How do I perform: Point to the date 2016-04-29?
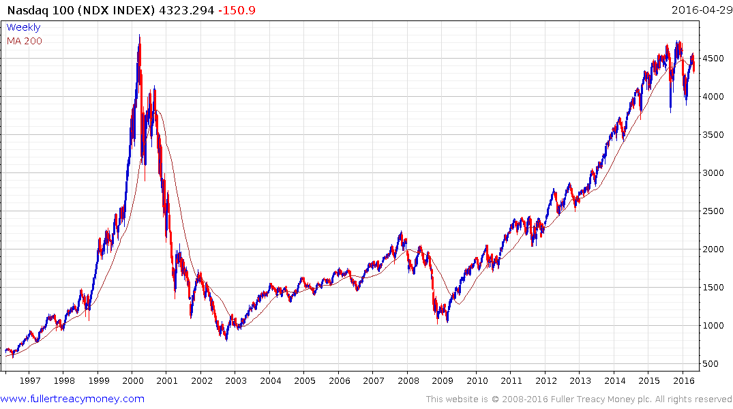pos(700,10)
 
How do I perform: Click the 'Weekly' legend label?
pos(23,27)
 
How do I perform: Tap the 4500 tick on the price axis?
pos(713,59)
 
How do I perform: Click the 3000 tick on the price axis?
pos(713,173)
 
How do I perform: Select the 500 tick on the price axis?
pos(710,364)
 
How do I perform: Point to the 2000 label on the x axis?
pos(132,380)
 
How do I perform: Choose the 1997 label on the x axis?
pos(29,380)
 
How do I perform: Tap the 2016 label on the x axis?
pos(683,380)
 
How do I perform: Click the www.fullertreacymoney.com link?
pos(73,399)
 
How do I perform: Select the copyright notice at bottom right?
pos(579,399)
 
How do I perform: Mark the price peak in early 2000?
pos(140,35)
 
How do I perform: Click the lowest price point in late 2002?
pos(226,339)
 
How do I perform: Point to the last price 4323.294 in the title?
pos(186,10)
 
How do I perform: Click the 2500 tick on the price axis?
pos(713,211)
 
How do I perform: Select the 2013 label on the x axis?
pos(580,380)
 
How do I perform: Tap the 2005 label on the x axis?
pos(305,380)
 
